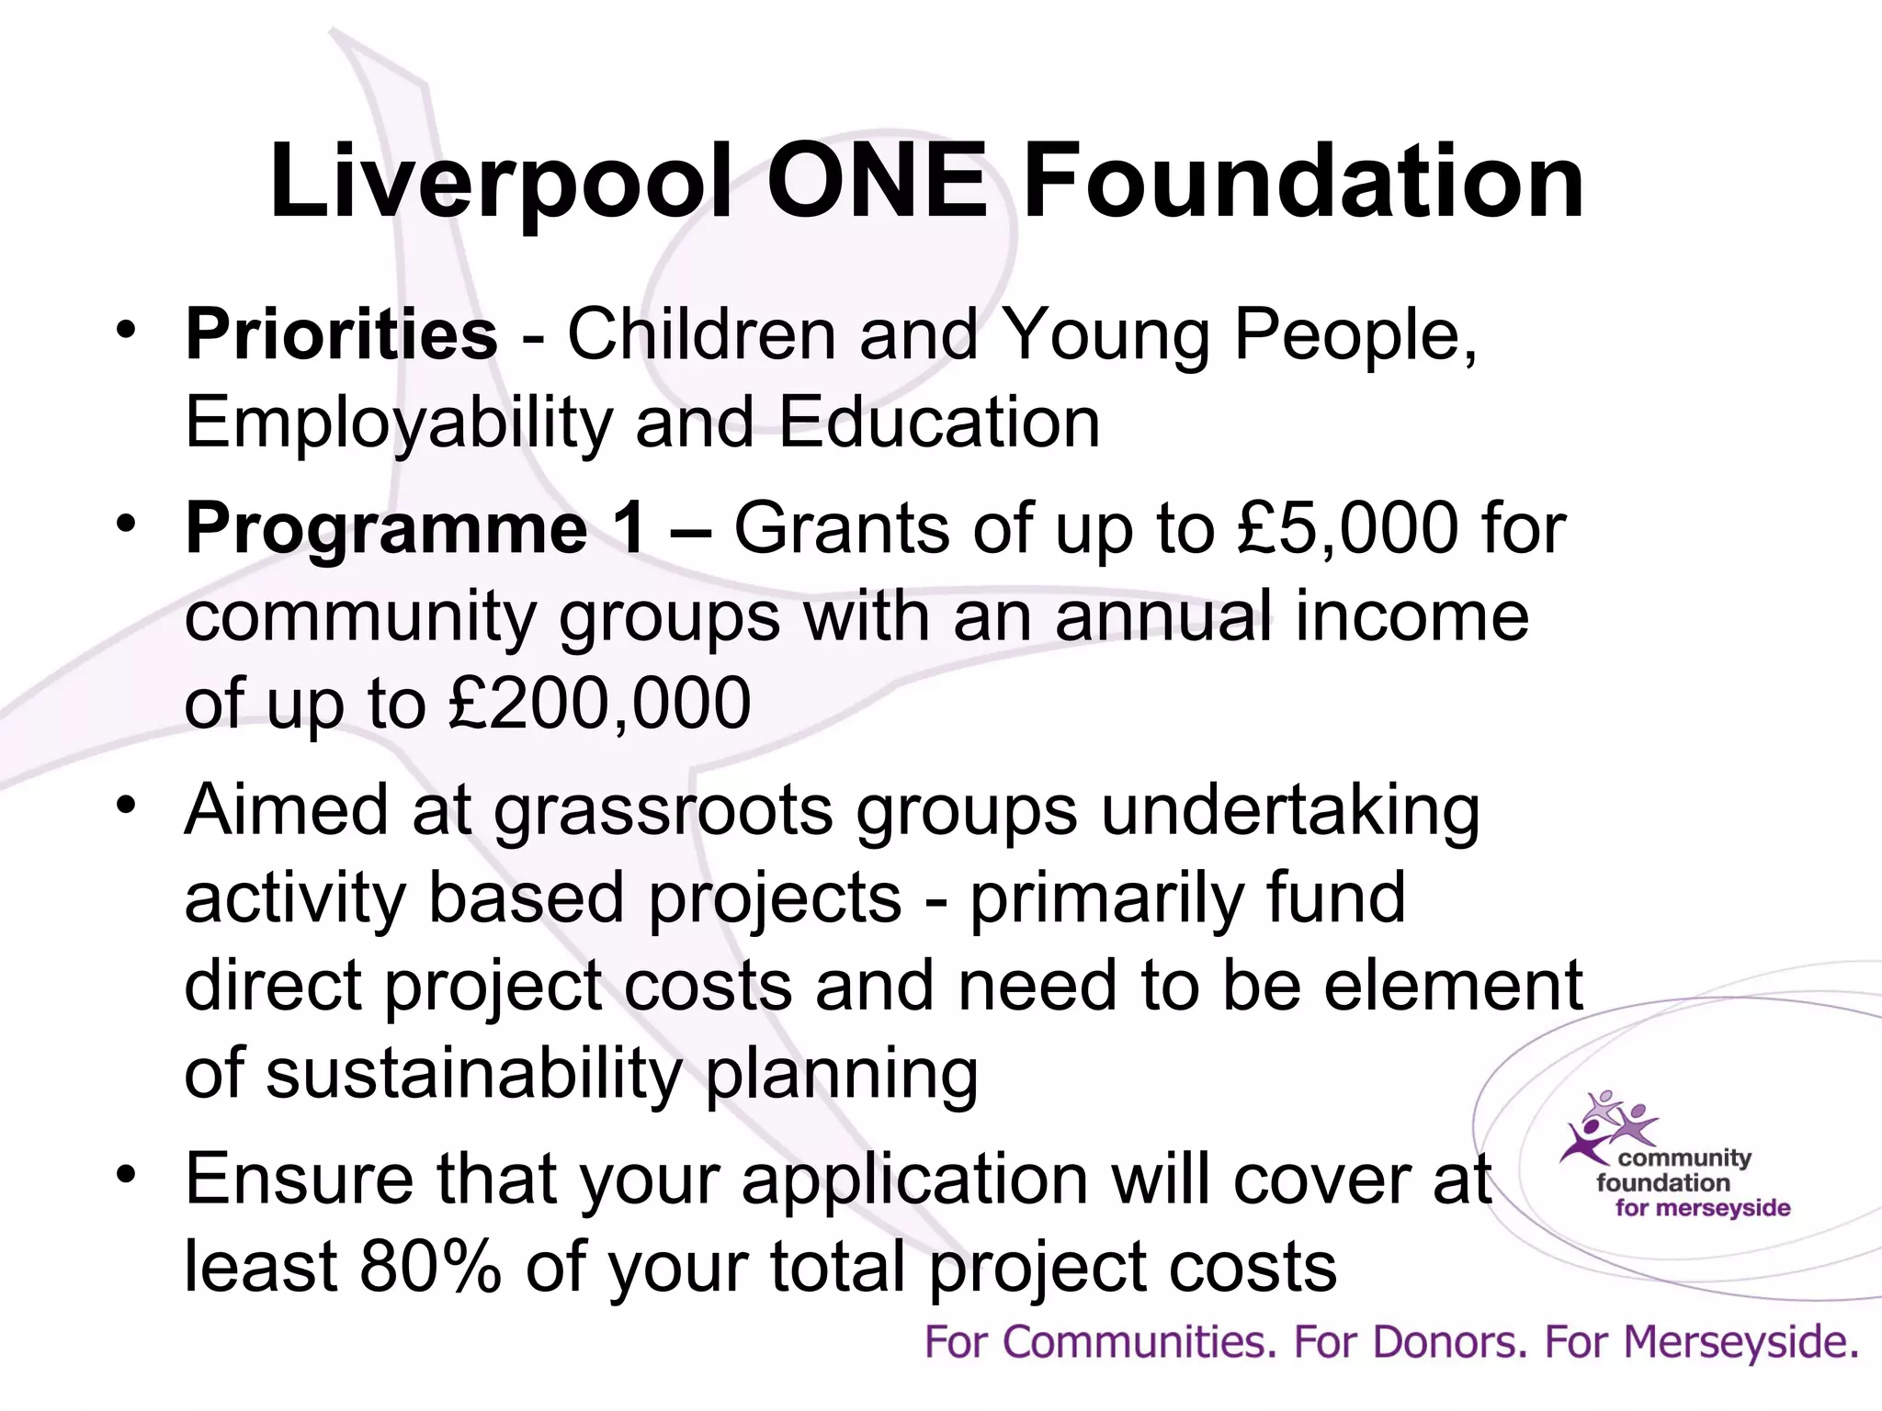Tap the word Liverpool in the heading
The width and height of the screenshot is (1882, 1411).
coord(505,184)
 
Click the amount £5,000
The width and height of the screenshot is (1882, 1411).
coord(1347,529)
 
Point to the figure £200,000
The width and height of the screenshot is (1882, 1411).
coord(600,704)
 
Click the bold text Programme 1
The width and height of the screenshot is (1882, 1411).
coord(414,529)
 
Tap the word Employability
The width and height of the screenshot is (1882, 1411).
coord(398,423)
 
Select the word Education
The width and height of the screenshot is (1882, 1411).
coord(939,423)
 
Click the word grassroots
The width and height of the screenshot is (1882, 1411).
coord(663,811)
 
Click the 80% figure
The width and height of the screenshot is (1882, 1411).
coord(430,1267)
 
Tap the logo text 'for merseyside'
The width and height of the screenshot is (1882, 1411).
coord(1703,1208)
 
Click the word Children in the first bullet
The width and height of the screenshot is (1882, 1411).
coord(700,334)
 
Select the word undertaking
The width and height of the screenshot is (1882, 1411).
coord(1290,811)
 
